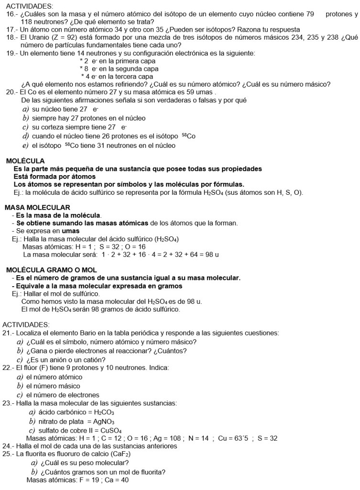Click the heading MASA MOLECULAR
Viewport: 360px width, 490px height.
click(x=37, y=207)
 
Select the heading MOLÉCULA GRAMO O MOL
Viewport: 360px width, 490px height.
click(x=51, y=270)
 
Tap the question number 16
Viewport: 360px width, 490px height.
click(x=11, y=14)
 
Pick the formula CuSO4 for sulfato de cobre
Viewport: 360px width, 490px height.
click(x=109, y=430)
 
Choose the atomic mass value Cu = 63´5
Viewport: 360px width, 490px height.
click(x=232, y=438)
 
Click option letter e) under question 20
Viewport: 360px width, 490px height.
click(x=25, y=145)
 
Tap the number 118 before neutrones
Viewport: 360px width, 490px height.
click(x=20, y=22)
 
